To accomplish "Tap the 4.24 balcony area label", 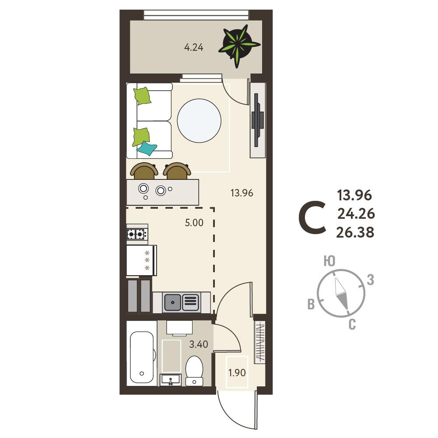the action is coord(193,47).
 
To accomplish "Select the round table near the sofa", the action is coord(199,121).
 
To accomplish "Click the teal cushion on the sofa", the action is coord(147,148).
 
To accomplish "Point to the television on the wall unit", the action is coord(257,120).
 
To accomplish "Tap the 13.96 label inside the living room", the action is coord(242,193).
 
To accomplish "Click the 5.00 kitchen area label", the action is coord(194,223).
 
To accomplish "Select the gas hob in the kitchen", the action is coord(137,234).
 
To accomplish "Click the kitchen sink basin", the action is coord(173,302).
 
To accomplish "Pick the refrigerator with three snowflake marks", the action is coord(141,260).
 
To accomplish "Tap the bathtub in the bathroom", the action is coord(142,357).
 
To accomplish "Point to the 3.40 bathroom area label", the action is coord(199,344).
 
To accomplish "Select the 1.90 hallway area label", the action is coord(237,372).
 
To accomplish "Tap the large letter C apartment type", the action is coord(312,217).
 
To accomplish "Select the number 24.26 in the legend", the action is coord(356,214).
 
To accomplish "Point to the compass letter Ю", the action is coord(329,261).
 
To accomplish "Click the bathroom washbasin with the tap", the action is coord(170,380).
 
